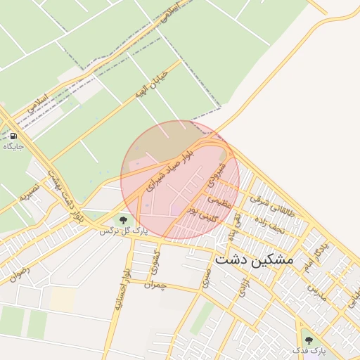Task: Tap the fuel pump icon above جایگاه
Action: tap(13, 136)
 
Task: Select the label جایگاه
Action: tap(13, 146)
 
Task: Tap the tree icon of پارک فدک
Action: tap(308, 340)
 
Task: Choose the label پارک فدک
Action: tap(309, 350)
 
